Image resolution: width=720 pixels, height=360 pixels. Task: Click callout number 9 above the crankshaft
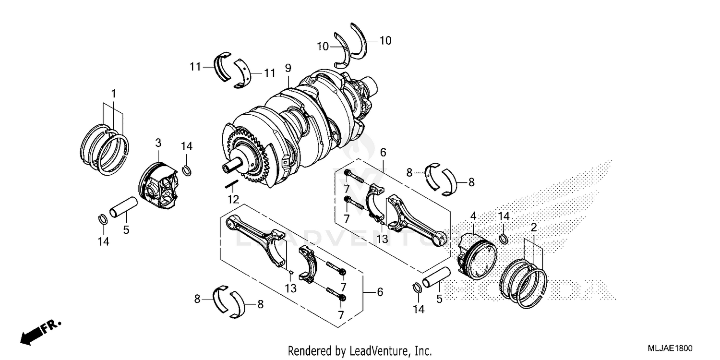(288, 68)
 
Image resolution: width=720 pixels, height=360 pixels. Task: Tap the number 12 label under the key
(233, 199)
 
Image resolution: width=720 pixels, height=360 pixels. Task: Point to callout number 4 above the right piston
(473, 216)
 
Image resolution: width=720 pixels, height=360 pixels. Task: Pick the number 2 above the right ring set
(533, 226)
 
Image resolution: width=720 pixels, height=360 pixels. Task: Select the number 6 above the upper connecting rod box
(383, 152)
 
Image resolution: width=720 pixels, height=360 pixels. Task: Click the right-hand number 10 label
(385, 41)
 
